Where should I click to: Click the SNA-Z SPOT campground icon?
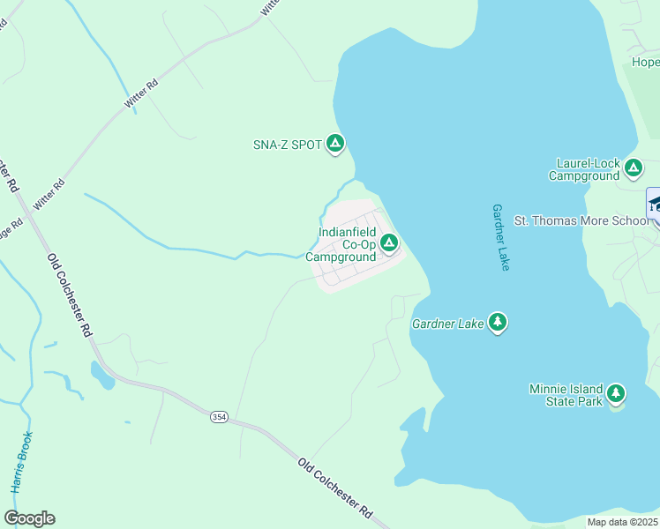pos(334,143)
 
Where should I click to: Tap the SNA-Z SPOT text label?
pos(288,145)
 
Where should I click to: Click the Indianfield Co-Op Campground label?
pos(341,245)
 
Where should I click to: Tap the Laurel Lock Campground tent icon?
pos(633,168)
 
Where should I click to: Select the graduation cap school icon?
pos(655,203)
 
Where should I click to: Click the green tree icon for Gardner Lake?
pos(499,322)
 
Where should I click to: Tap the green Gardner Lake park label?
pos(447,324)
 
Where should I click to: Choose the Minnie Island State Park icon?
pos(616,393)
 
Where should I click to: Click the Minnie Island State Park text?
pos(566,395)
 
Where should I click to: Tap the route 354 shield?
pos(219,415)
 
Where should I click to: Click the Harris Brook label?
pos(22,462)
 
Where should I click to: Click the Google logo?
pos(29,518)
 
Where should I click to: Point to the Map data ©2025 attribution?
pos(622,522)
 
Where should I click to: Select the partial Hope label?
pos(645,63)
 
